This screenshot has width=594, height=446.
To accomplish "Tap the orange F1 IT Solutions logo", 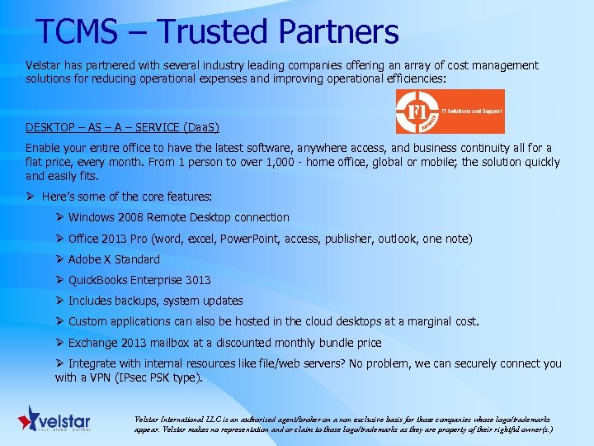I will [x=450, y=111].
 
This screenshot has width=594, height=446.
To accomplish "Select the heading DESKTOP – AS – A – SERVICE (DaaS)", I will [x=122, y=126].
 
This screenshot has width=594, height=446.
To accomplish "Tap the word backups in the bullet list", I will [x=141, y=301].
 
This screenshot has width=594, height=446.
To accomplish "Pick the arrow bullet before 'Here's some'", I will [x=31, y=197].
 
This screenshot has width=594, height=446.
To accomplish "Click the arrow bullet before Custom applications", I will [x=60, y=321].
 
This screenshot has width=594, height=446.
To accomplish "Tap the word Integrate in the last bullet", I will [x=93, y=363].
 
